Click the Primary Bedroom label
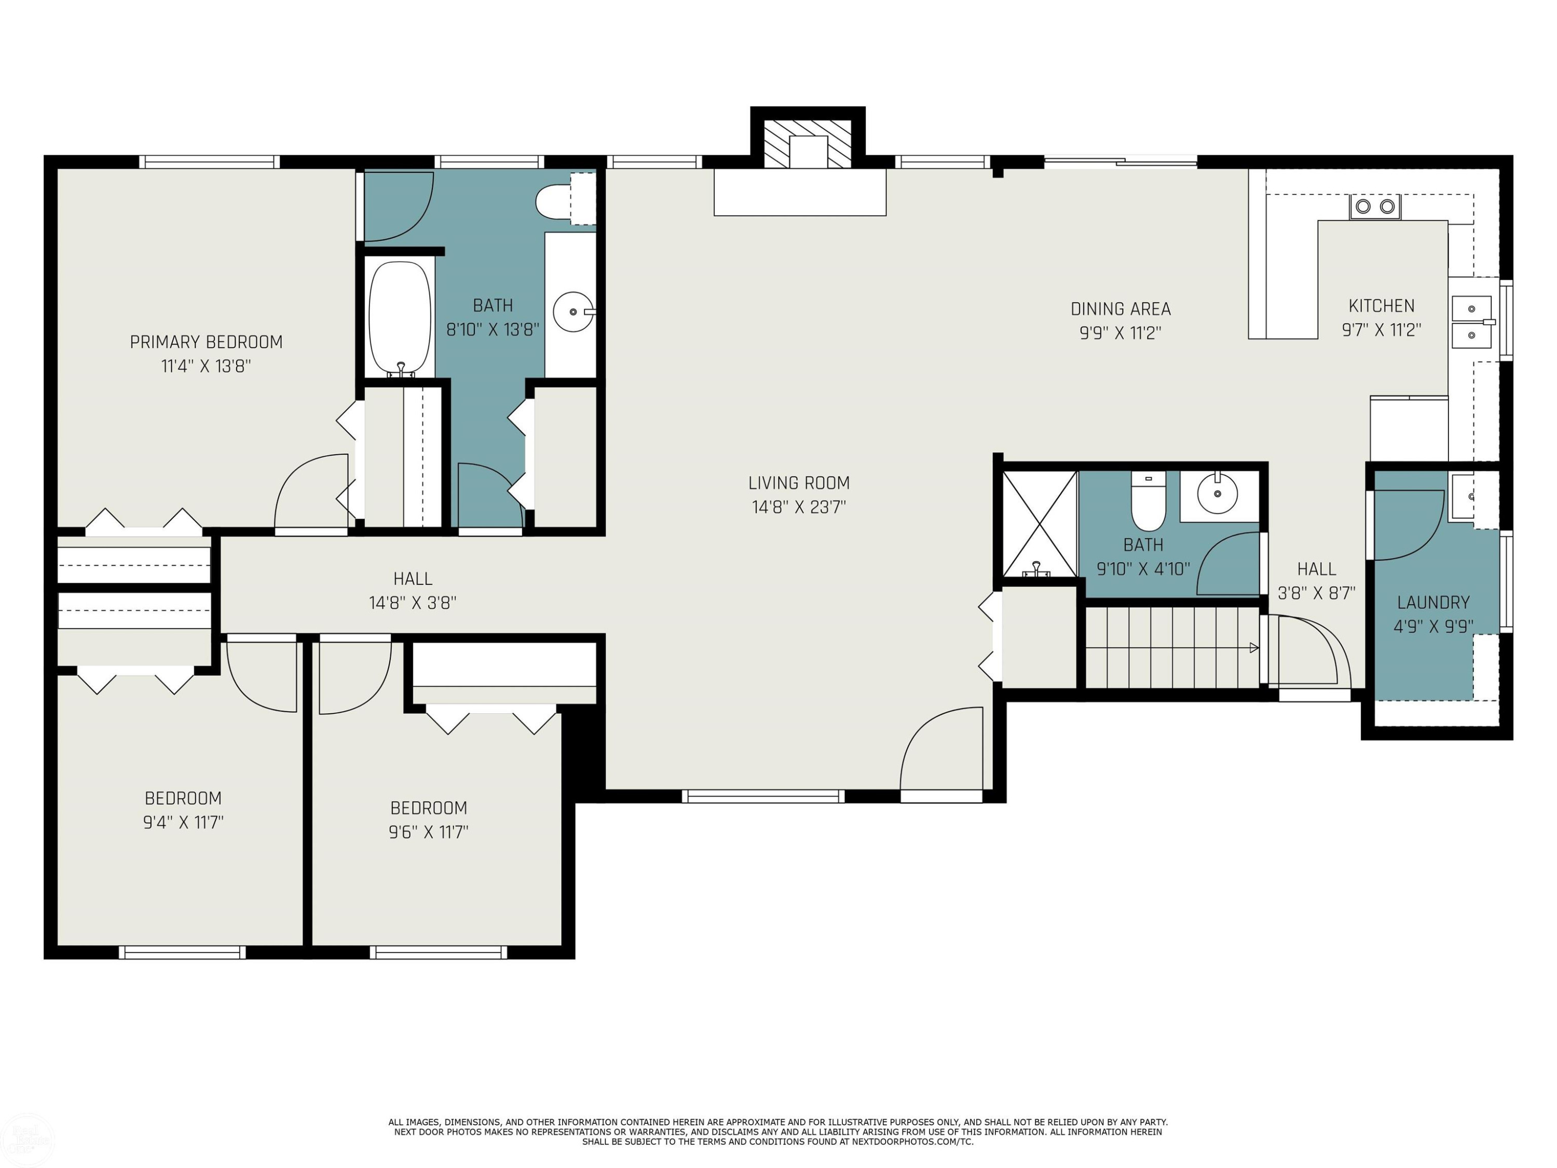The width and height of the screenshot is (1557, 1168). tap(206, 342)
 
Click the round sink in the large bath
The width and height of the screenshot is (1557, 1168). tap(573, 311)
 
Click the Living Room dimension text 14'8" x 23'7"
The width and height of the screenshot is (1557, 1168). tap(799, 507)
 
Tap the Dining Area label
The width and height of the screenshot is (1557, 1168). tap(1121, 309)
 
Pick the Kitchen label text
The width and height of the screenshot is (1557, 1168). tap(1381, 306)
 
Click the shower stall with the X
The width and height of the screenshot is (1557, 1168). tap(1039, 523)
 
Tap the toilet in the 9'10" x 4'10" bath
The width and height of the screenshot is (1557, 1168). tap(1148, 500)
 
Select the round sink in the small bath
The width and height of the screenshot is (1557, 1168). tap(1218, 494)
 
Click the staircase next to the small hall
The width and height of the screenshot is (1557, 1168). tap(1172, 647)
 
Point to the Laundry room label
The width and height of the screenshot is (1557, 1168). tap(1433, 603)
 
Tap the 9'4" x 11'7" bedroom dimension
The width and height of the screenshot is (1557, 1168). tap(183, 822)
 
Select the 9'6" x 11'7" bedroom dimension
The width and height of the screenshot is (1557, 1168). tap(429, 832)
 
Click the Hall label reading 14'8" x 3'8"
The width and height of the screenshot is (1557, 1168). tap(413, 603)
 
